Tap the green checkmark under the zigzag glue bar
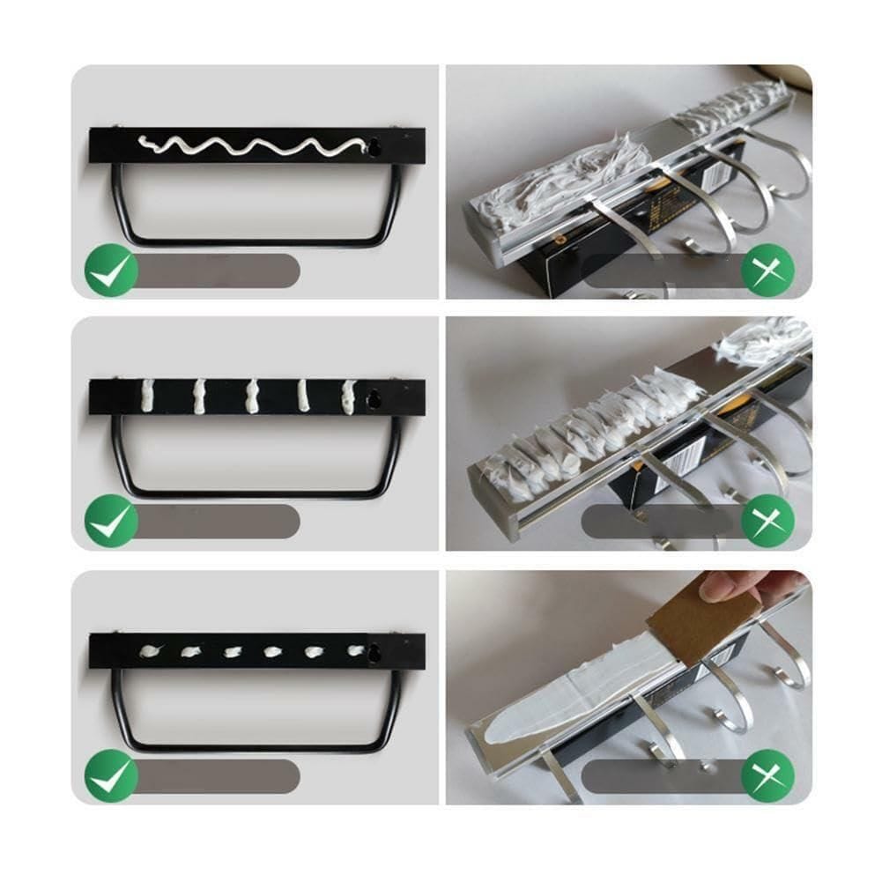[x=111, y=271]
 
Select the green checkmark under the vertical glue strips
[x=111, y=523]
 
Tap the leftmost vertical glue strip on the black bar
[x=148, y=396]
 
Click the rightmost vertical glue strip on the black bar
[x=350, y=396]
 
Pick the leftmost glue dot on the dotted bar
[x=151, y=652]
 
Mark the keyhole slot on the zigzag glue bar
[x=375, y=147]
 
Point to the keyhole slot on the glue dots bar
[x=375, y=653]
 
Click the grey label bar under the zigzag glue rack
[x=220, y=271]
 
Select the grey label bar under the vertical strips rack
[x=220, y=522]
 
